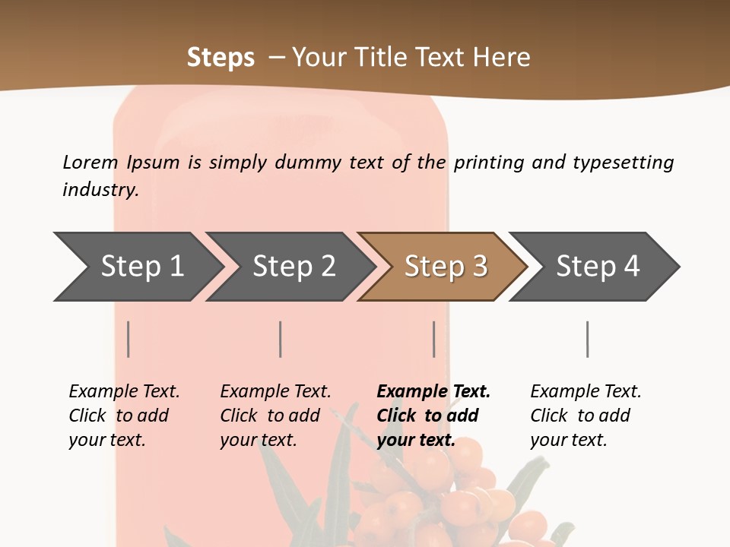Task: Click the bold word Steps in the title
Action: tap(221, 58)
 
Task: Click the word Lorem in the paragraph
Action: tap(90, 163)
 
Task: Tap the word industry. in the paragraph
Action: tap(100, 189)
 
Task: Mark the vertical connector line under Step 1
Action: tap(129, 339)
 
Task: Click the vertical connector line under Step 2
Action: tap(281, 339)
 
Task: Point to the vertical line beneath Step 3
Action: tap(433, 339)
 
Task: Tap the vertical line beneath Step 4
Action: tap(587, 339)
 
